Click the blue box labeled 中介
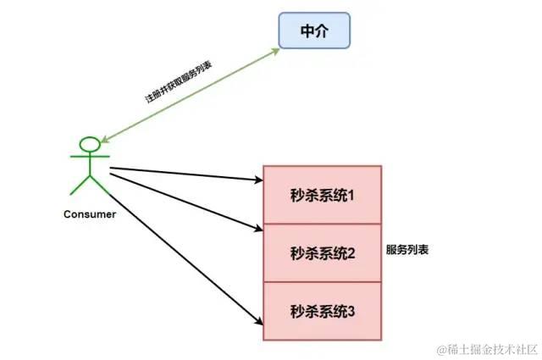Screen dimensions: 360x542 (x=313, y=31)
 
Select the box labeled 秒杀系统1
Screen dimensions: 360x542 (x=322, y=195)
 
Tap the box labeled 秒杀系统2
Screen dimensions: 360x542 (x=322, y=252)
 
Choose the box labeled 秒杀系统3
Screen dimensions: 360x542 (x=322, y=311)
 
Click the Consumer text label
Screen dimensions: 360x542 (x=90, y=213)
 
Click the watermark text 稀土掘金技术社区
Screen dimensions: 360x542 (x=488, y=347)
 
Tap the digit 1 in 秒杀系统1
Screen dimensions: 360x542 (x=350, y=196)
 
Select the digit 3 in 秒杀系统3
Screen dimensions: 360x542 (x=351, y=311)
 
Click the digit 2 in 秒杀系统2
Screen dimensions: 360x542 (x=351, y=252)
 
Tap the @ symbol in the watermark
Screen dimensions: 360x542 (x=440, y=347)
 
